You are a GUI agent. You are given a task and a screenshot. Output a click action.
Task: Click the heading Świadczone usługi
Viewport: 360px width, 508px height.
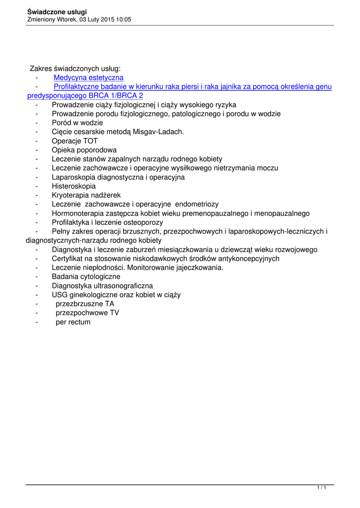coord(57,11)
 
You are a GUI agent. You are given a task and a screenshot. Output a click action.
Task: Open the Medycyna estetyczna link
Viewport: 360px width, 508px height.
coord(88,78)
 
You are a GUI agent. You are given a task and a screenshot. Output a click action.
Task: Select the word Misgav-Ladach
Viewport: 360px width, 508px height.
coord(159,132)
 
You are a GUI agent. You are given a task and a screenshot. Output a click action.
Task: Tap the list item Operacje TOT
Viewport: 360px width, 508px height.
coord(74,141)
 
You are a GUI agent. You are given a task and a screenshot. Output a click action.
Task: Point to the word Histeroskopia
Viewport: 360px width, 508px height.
coord(74,186)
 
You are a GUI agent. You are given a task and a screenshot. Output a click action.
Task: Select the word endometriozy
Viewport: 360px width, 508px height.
coord(197,204)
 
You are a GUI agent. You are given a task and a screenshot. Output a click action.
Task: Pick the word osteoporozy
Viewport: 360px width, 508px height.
coord(141,222)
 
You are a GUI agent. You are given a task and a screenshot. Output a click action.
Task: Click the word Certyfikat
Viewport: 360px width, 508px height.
coord(69,258)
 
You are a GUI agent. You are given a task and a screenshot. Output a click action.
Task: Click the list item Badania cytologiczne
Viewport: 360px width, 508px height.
coord(86,276)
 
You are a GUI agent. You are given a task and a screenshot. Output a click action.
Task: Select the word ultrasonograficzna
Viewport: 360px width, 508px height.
coord(120,286)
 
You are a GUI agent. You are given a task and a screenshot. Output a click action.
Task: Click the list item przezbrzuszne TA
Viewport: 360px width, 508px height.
coord(85,304)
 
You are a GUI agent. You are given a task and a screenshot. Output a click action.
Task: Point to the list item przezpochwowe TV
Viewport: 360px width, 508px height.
coord(87,313)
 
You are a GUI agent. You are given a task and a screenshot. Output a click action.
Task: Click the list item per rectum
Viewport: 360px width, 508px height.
coord(73,322)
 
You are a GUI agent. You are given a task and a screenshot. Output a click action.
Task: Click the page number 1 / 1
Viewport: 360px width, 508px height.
coord(322,489)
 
